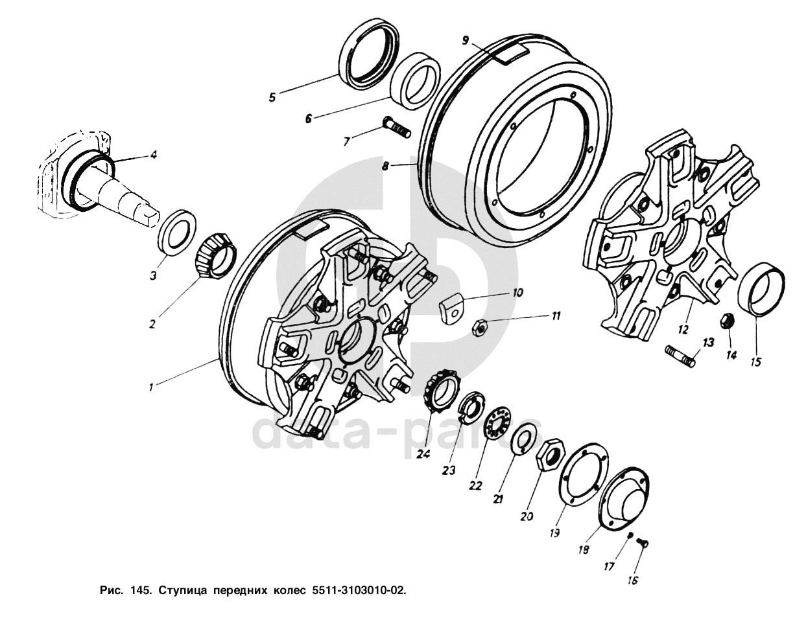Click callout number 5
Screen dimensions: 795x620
(x=272, y=97)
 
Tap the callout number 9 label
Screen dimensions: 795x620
(x=465, y=40)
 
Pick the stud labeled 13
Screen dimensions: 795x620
(x=680, y=356)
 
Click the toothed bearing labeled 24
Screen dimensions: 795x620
(x=443, y=395)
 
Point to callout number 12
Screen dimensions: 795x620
(x=683, y=330)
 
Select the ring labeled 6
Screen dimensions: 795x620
(x=416, y=81)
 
